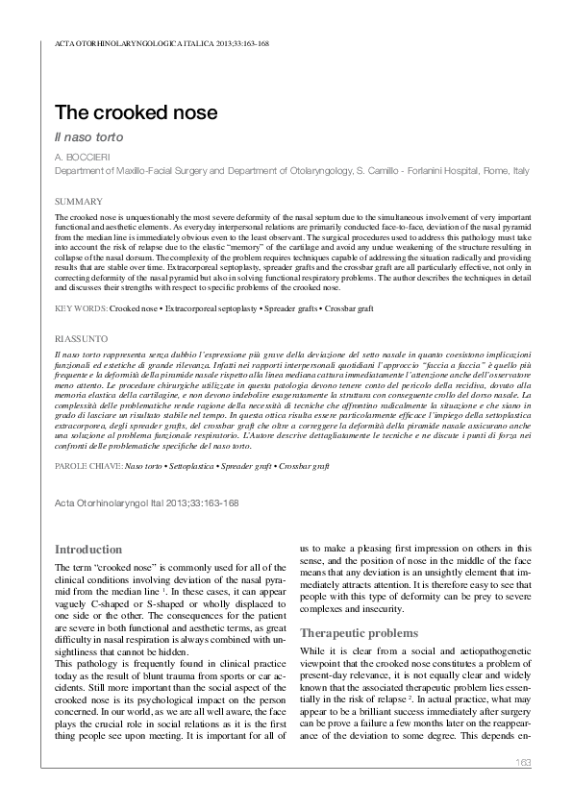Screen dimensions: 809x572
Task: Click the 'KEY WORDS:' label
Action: (81, 309)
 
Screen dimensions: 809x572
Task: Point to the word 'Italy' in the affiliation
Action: (519, 170)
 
